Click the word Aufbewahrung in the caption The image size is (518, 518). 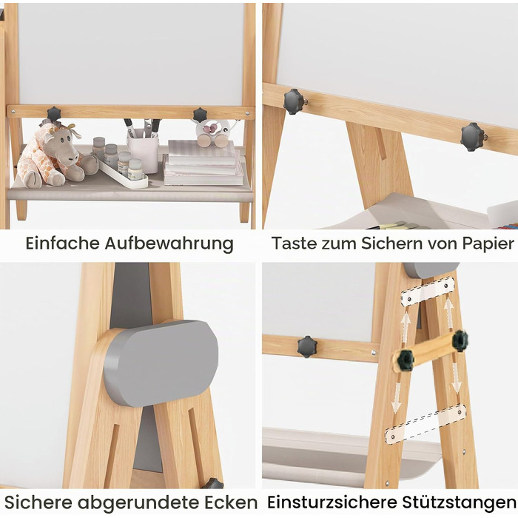click(169, 244)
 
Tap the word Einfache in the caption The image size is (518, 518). click(62, 243)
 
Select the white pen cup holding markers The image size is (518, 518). click(144, 150)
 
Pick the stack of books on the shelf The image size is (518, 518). click(202, 164)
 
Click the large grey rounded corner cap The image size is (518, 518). click(161, 363)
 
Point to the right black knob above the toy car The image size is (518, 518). click(201, 115)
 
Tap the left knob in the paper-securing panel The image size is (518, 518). click(294, 101)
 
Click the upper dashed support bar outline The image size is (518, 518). click(428, 292)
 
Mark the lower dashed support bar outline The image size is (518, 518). click(425, 424)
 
